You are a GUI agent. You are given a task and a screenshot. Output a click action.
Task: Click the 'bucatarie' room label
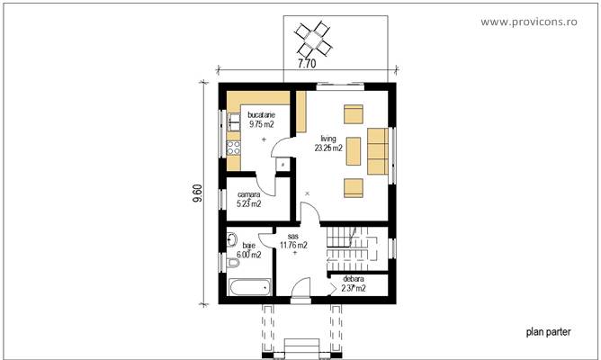(x=262, y=115)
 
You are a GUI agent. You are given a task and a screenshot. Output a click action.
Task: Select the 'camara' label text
(x=249, y=194)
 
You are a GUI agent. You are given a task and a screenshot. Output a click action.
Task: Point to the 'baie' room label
(x=249, y=245)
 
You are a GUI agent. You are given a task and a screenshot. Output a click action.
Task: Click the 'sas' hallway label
(x=293, y=235)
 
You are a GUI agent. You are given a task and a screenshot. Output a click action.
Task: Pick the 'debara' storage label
(x=353, y=279)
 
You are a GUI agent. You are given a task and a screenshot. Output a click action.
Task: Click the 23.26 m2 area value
(x=328, y=148)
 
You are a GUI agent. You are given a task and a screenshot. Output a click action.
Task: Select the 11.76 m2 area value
(x=293, y=245)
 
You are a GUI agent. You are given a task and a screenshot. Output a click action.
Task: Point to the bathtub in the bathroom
(x=249, y=287)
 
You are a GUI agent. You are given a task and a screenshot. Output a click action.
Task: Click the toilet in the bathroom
(x=231, y=241)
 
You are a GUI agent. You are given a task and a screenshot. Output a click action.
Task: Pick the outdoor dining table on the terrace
(x=315, y=38)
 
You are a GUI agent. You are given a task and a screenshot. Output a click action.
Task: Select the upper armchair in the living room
(x=353, y=114)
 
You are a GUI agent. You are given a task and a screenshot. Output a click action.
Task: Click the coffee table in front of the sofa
(x=353, y=149)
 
